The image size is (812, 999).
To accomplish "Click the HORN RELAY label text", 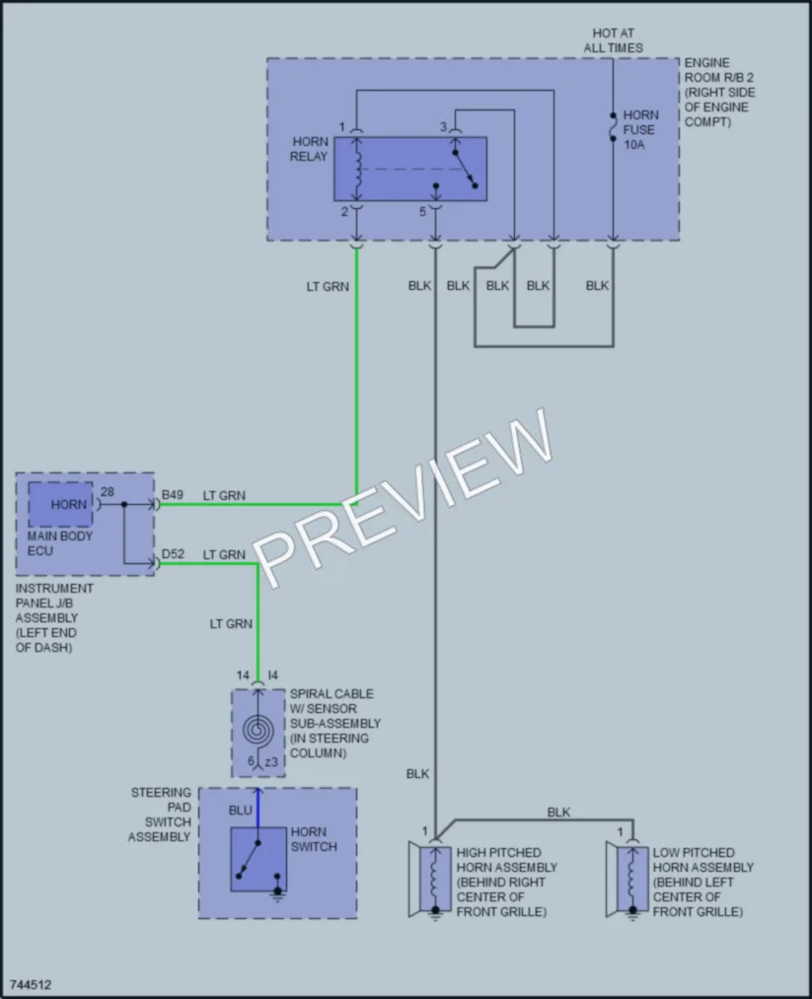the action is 309,149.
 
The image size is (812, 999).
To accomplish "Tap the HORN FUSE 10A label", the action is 640,130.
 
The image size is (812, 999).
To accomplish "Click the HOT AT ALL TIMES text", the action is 613,40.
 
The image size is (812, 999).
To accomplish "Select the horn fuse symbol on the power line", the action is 613,127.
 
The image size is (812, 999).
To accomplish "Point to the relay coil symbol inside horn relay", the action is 357,169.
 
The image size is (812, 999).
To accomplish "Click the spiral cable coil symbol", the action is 258,731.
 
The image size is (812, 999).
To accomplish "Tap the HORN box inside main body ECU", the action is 60,505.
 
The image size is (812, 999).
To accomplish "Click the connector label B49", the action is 172,495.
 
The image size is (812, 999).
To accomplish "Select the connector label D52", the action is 173,554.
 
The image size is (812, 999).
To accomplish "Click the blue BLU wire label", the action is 241,811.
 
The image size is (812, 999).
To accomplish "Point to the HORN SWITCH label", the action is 314,839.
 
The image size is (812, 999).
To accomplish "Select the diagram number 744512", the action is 31,984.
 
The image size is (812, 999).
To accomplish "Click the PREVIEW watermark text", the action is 404,498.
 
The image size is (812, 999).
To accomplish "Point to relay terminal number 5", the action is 422,211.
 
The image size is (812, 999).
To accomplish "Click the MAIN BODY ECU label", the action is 60,543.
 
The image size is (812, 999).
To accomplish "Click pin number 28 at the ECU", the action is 108,492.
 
